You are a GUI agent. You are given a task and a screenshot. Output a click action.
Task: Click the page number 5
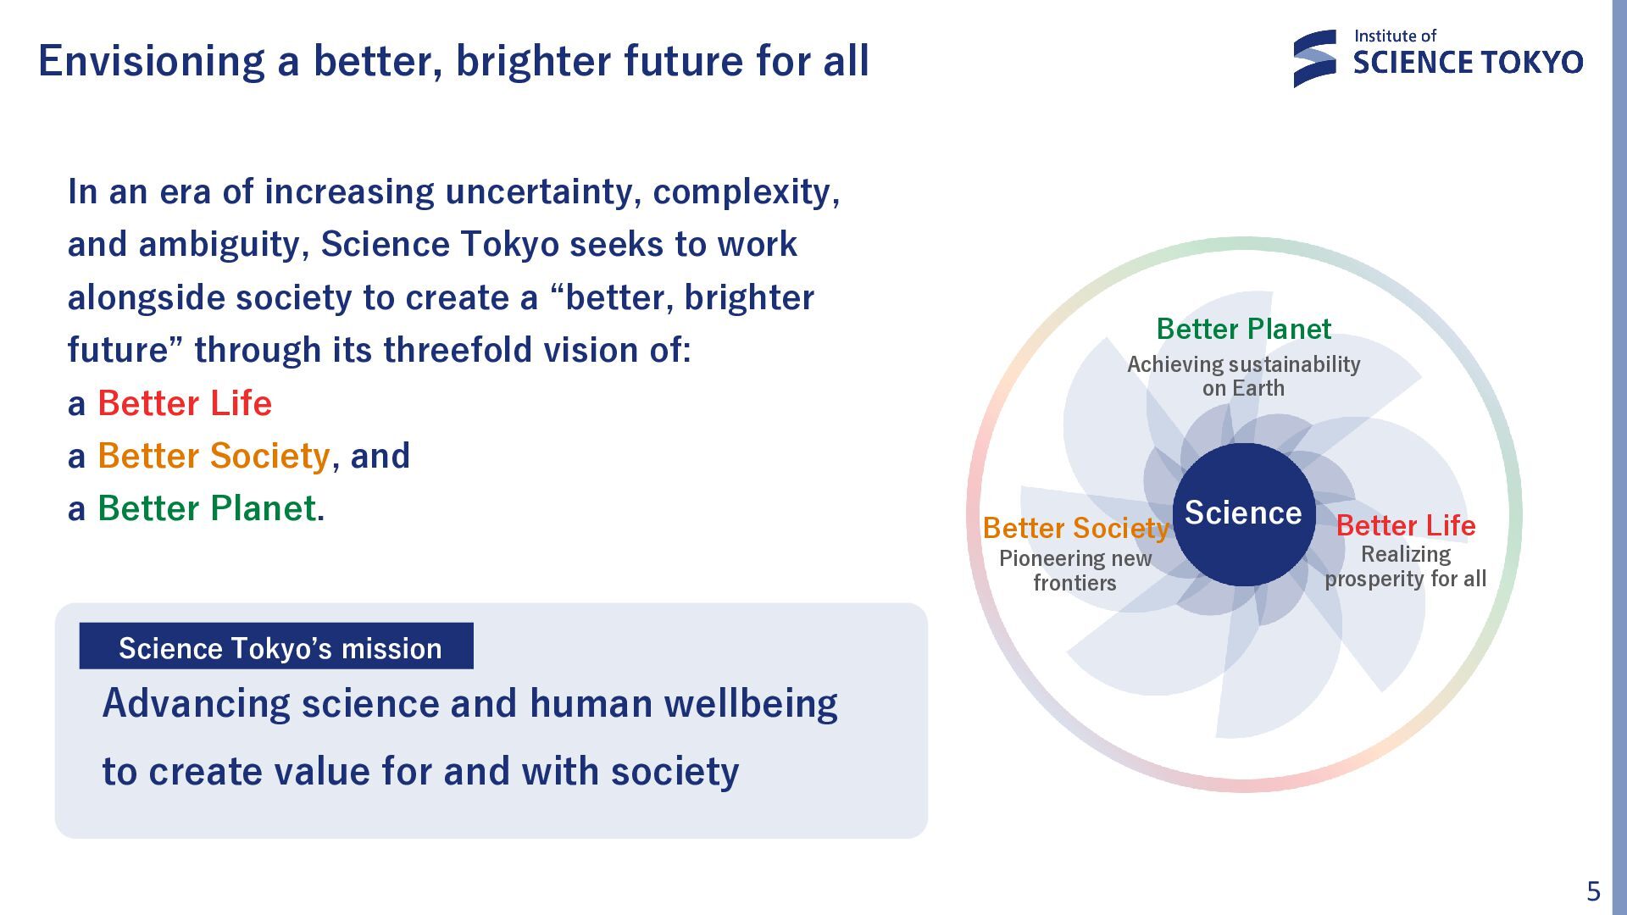pos(1593,891)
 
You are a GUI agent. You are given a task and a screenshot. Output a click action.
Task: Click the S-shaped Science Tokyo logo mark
pos(1314,58)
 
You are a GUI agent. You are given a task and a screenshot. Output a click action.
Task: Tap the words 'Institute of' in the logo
pos(1395,36)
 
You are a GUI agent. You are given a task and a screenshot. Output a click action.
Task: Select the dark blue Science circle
pos(1243,513)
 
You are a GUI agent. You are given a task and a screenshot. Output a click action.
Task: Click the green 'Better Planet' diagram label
pos(1243,329)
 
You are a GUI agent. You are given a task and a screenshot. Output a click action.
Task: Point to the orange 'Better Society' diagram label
pos(1076,528)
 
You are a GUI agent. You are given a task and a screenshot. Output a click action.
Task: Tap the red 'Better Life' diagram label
pos(1406,525)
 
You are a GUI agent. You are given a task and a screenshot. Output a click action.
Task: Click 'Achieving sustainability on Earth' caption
pos(1243,376)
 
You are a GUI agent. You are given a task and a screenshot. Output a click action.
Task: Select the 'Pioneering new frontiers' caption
pos(1075,570)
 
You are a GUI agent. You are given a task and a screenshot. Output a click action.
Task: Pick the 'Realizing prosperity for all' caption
pos(1406,567)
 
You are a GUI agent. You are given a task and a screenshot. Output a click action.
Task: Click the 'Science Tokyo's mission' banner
pos(276,646)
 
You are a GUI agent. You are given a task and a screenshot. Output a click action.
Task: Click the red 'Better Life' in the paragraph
pos(185,403)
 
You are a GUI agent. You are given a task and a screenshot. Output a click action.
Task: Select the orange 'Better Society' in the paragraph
pos(214,456)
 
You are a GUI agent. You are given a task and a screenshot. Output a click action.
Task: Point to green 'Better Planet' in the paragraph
pos(207,508)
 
